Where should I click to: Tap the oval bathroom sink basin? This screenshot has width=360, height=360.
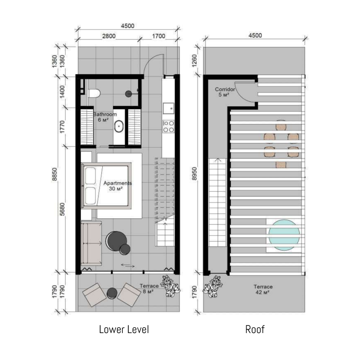click(x=119, y=126)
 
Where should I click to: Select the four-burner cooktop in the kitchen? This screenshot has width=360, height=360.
click(x=168, y=126)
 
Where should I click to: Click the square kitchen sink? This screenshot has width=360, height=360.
click(x=168, y=108)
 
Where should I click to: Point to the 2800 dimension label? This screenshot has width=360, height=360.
click(x=109, y=36)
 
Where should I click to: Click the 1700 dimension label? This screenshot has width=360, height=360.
click(x=159, y=36)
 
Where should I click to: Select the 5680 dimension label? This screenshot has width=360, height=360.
click(x=62, y=209)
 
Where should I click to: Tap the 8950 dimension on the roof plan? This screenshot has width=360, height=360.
click(x=194, y=174)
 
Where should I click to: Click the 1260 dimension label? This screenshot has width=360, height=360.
click(x=194, y=61)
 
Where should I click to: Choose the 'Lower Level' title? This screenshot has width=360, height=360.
click(x=124, y=329)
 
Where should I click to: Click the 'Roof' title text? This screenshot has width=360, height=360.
click(x=255, y=329)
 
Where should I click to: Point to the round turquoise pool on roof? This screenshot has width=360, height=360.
click(x=284, y=235)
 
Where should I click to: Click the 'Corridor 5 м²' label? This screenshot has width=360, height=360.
click(x=225, y=92)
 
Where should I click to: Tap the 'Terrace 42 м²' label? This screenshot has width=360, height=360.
click(x=263, y=289)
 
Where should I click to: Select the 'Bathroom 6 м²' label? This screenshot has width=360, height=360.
click(x=105, y=117)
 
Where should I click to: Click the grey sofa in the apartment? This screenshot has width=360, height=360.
click(x=91, y=243)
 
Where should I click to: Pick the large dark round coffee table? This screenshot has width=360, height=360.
click(x=117, y=240)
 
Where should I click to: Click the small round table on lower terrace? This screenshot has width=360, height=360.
click(x=112, y=293)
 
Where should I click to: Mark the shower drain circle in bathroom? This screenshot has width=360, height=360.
click(x=128, y=94)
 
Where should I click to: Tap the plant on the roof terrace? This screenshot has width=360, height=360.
click(x=212, y=286)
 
